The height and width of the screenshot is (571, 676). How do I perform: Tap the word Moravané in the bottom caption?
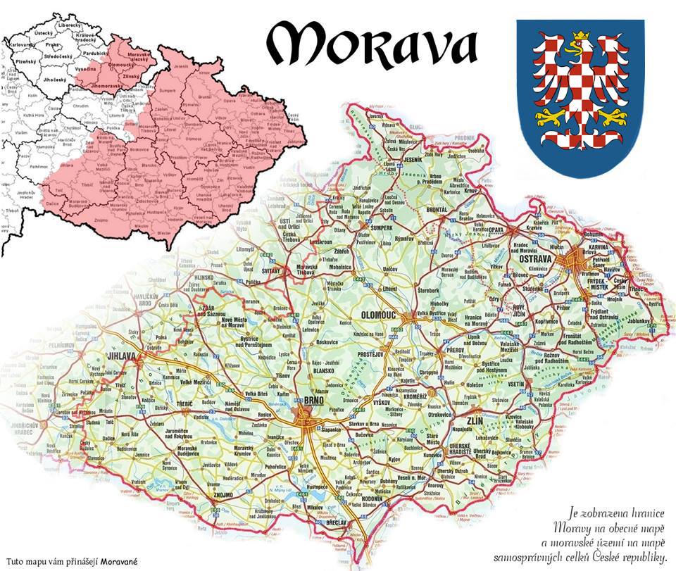118,562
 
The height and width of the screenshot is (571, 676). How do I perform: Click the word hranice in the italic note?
638,513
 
